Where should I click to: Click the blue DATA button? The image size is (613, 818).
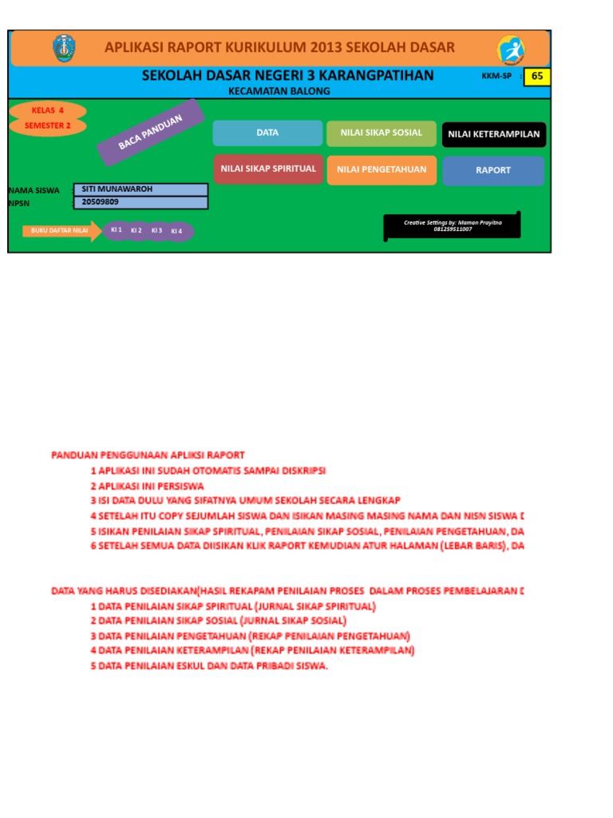click(x=267, y=133)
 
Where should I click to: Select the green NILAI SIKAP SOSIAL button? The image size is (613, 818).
click(x=381, y=133)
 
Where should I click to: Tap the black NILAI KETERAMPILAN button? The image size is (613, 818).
click(x=493, y=134)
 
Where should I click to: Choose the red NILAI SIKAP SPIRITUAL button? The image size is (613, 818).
click(x=267, y=169)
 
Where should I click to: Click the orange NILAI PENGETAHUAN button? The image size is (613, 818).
click(x=381, y=169)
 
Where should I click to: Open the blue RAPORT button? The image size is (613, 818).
click(x=492, y=170)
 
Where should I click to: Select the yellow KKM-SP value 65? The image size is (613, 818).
click(x=537, y=76)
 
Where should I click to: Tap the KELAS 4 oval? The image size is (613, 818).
click(x=48, y=111)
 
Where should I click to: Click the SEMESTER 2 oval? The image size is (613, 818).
click(x=47, y=125)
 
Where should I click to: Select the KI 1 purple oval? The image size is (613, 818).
click(x=117, y=230)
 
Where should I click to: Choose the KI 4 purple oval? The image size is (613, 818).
click(x=176, y=232)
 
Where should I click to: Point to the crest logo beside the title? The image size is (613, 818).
click(x=64, y=49)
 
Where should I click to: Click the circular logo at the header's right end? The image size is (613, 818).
click(x=511, y=50)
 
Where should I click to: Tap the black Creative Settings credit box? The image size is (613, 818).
click(x=453, y=225)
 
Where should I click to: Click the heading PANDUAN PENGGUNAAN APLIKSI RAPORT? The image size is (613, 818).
click(x=148, y=455)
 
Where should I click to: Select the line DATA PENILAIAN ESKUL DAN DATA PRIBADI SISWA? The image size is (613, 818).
click(x=208, y=665)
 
